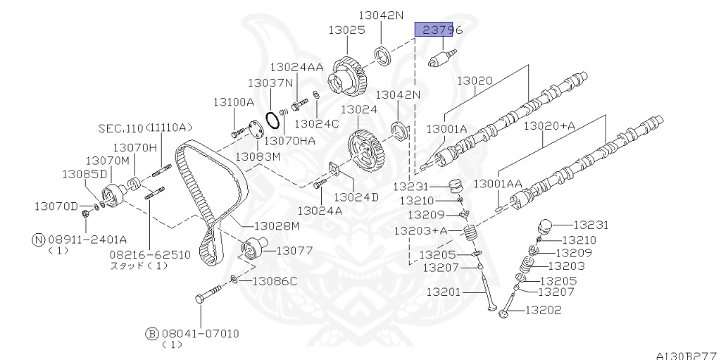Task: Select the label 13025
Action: pos(346,30)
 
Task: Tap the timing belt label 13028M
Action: pos(277,226)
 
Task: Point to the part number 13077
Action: pos(295,251)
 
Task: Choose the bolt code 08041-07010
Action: pos(199,333)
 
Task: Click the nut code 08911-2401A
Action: pos(87,240)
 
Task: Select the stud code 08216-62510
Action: pos(150,254)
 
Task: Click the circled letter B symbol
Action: pos(152,334)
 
